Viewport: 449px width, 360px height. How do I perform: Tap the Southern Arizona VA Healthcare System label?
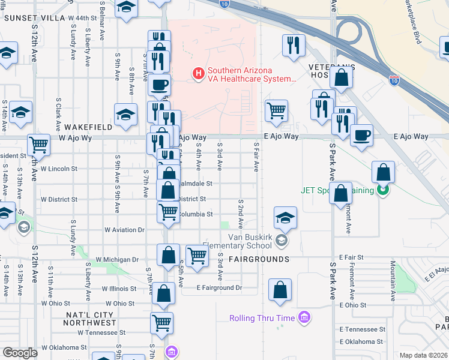coord(252,74)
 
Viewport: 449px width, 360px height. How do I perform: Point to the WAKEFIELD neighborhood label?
coord(87,127)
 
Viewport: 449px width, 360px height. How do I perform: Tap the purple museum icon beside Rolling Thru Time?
coord(304,317)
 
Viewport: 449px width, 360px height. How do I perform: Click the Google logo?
coord(20,353)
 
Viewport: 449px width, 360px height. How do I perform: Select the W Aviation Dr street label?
coord(124,230)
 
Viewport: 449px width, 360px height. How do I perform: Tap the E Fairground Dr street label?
coord(219,288)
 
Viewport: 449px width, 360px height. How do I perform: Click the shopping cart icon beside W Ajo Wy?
coord(38,144)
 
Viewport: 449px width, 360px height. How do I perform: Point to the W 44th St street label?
coord(82,19)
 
